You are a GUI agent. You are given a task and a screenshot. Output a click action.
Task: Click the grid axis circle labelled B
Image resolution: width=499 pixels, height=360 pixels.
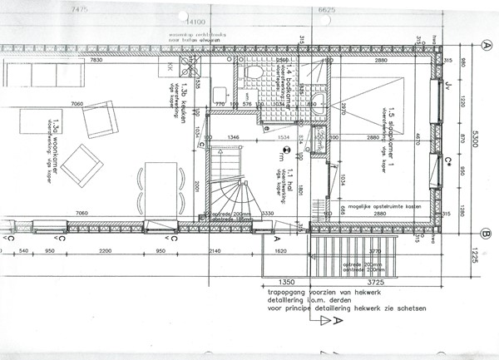pos(486,232)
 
